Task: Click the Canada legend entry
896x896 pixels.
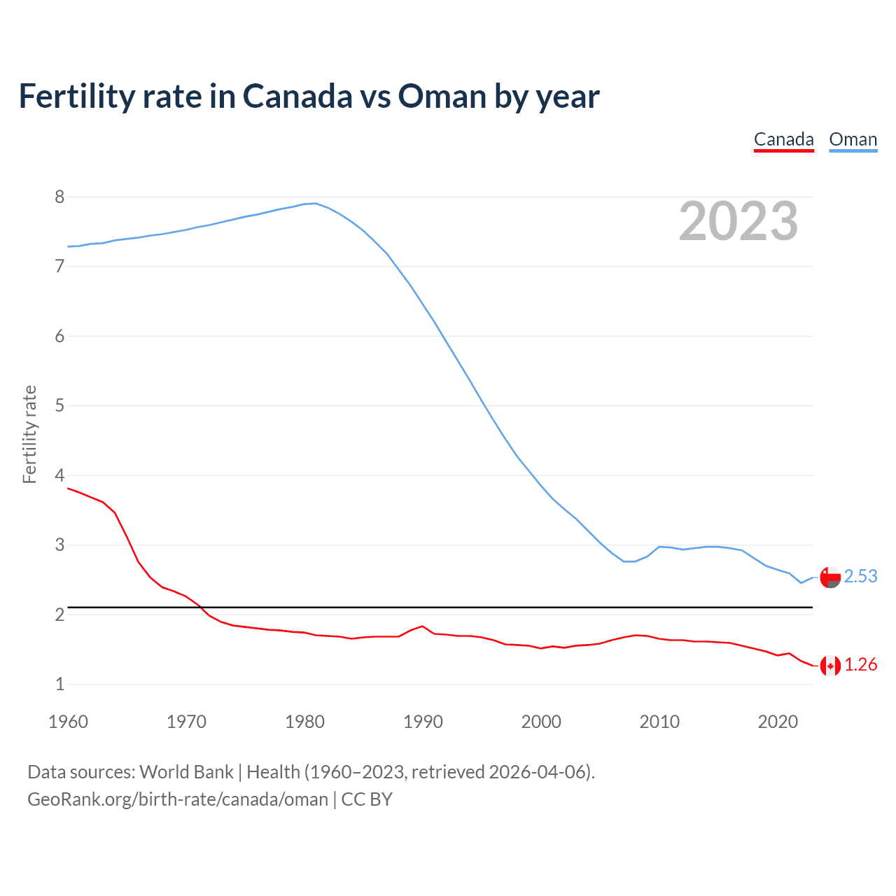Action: [x=783, y=139]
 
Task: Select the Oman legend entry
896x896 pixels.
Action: [x=853, y=139]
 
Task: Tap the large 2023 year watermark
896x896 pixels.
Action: [x=738, y=221]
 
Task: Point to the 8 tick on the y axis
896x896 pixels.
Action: [x=59, y=197]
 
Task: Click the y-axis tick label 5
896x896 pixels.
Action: [x=59, y=405]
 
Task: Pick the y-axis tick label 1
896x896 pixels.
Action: [x=59, y=684]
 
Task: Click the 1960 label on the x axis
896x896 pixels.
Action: [x=68, y=722]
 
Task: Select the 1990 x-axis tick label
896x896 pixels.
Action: [x=423, y=722]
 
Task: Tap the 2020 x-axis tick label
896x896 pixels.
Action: [x=778, y=722]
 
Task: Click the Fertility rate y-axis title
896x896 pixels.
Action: [x=29, y=434]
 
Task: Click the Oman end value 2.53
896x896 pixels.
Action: [x=860, y=576]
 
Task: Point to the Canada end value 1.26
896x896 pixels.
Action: [x=860, y=664]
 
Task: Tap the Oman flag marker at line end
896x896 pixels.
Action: [x=830, y=577]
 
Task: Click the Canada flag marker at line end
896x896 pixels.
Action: [x=830, y=666]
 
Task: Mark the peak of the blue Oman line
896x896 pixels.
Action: [x=315, y=203]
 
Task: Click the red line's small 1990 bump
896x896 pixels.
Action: [x=422, y=626]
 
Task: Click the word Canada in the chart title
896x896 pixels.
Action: [x=297, y=97]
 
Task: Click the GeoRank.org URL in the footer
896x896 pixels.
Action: [x=178, y=799]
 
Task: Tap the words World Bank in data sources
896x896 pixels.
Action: [x=186, y=772]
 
